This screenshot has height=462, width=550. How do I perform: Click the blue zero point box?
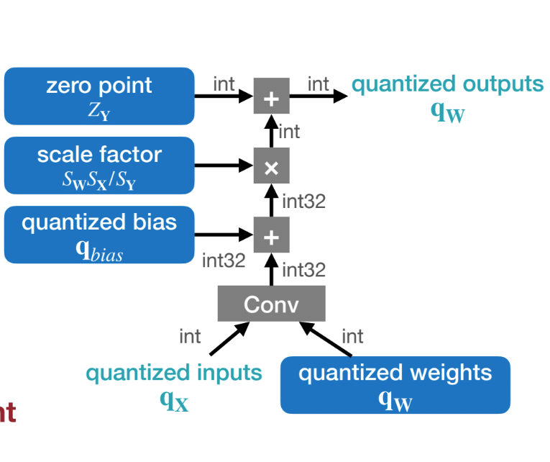(99, 96)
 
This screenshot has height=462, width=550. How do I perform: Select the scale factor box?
(99, 166)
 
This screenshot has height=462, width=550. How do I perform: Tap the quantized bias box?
(99, 235)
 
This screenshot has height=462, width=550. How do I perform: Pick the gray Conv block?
(271, 304)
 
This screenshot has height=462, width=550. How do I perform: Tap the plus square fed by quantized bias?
(271, 235)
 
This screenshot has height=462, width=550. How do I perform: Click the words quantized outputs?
(447, 84)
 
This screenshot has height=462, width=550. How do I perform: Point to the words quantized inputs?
(174, 373)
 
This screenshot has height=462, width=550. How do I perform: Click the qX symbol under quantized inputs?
(174, 399)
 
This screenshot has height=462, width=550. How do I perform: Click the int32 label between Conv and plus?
(303, 270)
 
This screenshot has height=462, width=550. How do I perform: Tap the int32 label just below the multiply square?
(303, 201)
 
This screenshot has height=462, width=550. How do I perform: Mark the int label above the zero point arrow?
(224, 83)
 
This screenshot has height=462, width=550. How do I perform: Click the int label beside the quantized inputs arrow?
(190, 336)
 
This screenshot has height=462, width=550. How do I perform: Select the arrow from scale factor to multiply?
(224, 166)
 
